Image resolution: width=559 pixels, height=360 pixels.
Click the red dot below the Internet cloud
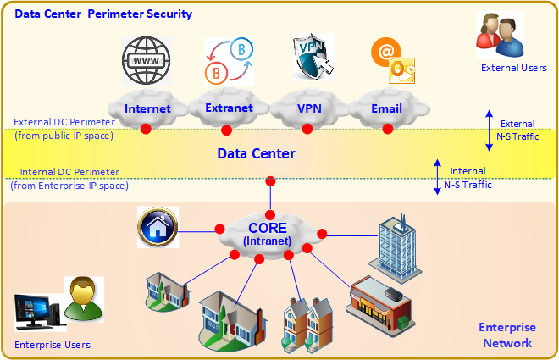coord(146,129)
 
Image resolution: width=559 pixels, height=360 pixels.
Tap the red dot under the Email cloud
coord(387,129)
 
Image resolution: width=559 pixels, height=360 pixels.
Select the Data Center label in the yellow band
coord(257,153)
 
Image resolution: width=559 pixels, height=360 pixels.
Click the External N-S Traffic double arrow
coord(489,128)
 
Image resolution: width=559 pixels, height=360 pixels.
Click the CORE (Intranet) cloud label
coord(268,233)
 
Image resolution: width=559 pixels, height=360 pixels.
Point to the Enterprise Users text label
coord(53,345)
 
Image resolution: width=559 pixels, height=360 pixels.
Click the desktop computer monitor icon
coord(34,310)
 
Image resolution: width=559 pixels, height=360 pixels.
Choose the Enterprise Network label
coord(506,335)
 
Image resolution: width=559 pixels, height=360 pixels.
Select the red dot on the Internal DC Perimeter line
coord(270,180)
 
